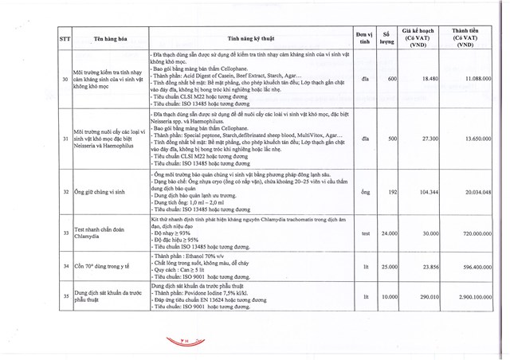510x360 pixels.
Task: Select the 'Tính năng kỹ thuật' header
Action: [x=249, y=37]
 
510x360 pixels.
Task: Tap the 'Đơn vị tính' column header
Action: [x=364, y=37]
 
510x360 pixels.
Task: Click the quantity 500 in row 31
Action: [x=391, y=138]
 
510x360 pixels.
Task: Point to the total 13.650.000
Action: [x=477, y=138]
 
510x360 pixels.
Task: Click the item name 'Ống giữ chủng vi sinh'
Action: [x=101, y=192]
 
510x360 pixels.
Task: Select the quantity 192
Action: [x=391, y=192]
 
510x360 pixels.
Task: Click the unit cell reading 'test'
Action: [x=365, y=233]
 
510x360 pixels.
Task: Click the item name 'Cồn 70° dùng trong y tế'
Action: [x=104, y=266]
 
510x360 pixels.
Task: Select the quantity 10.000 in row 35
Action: [x=388, y=295]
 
